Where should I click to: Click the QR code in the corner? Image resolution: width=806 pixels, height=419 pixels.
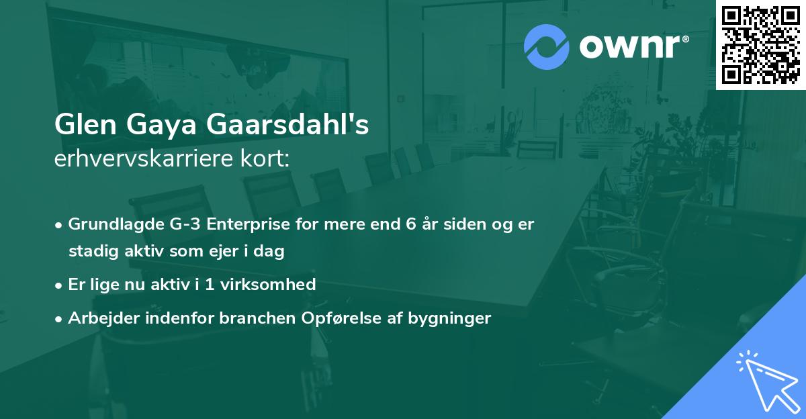pos(761,45)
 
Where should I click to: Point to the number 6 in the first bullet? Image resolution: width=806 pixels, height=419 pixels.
pos(411,224)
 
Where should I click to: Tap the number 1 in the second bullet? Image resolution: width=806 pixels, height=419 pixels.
pos(210,285)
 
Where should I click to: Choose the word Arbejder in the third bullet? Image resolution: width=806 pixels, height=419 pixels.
pos(99,318)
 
